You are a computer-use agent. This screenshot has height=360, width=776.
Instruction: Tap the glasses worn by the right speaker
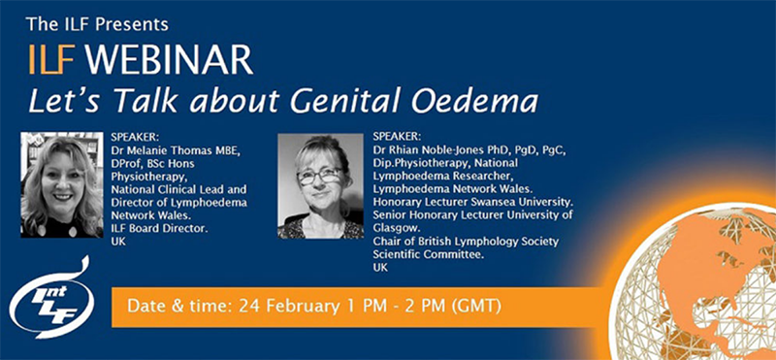319,176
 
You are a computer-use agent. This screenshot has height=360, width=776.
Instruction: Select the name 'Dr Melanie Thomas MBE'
174,150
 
